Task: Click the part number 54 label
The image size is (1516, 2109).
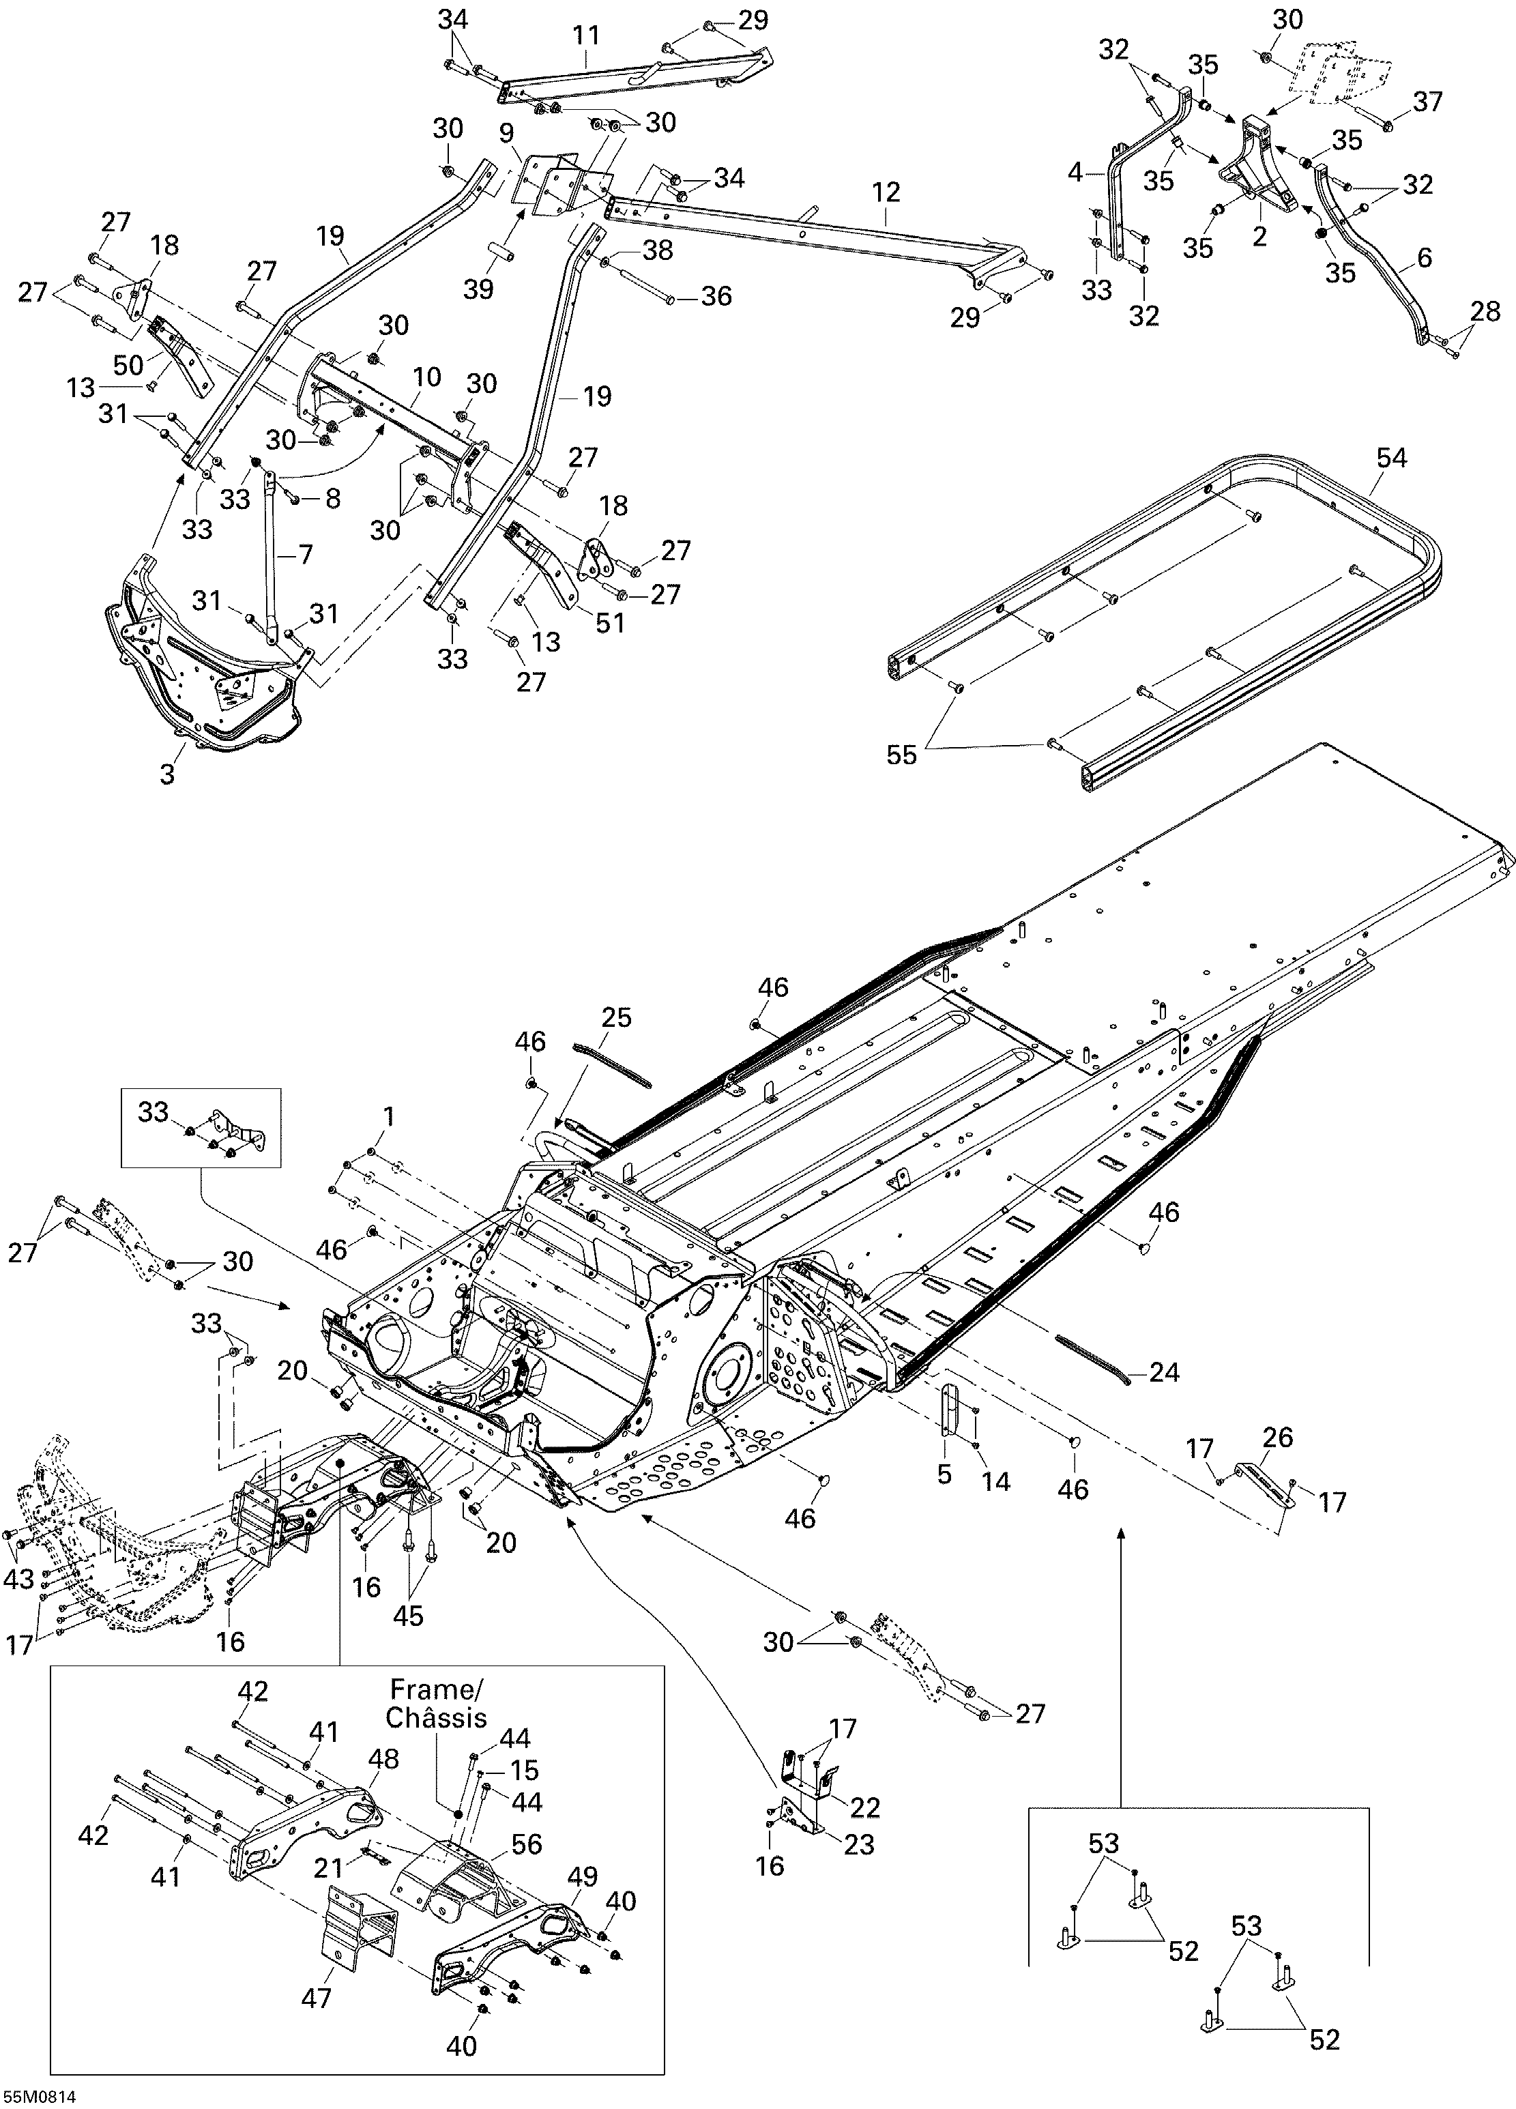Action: click(1393, 459)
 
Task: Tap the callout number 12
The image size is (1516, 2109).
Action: click(886, 192)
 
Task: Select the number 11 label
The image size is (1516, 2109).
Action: click(586, 36)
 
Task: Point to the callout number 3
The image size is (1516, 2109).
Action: click(167, 774)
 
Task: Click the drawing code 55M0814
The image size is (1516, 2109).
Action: click(39, 2097)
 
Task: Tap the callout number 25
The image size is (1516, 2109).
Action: click(615, 1017)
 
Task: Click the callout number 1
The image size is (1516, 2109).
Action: click(389, 1116)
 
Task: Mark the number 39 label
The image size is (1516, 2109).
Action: click(479, 289)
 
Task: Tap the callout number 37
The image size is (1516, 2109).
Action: click(1427, 102)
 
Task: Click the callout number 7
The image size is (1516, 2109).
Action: click(304, 554)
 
